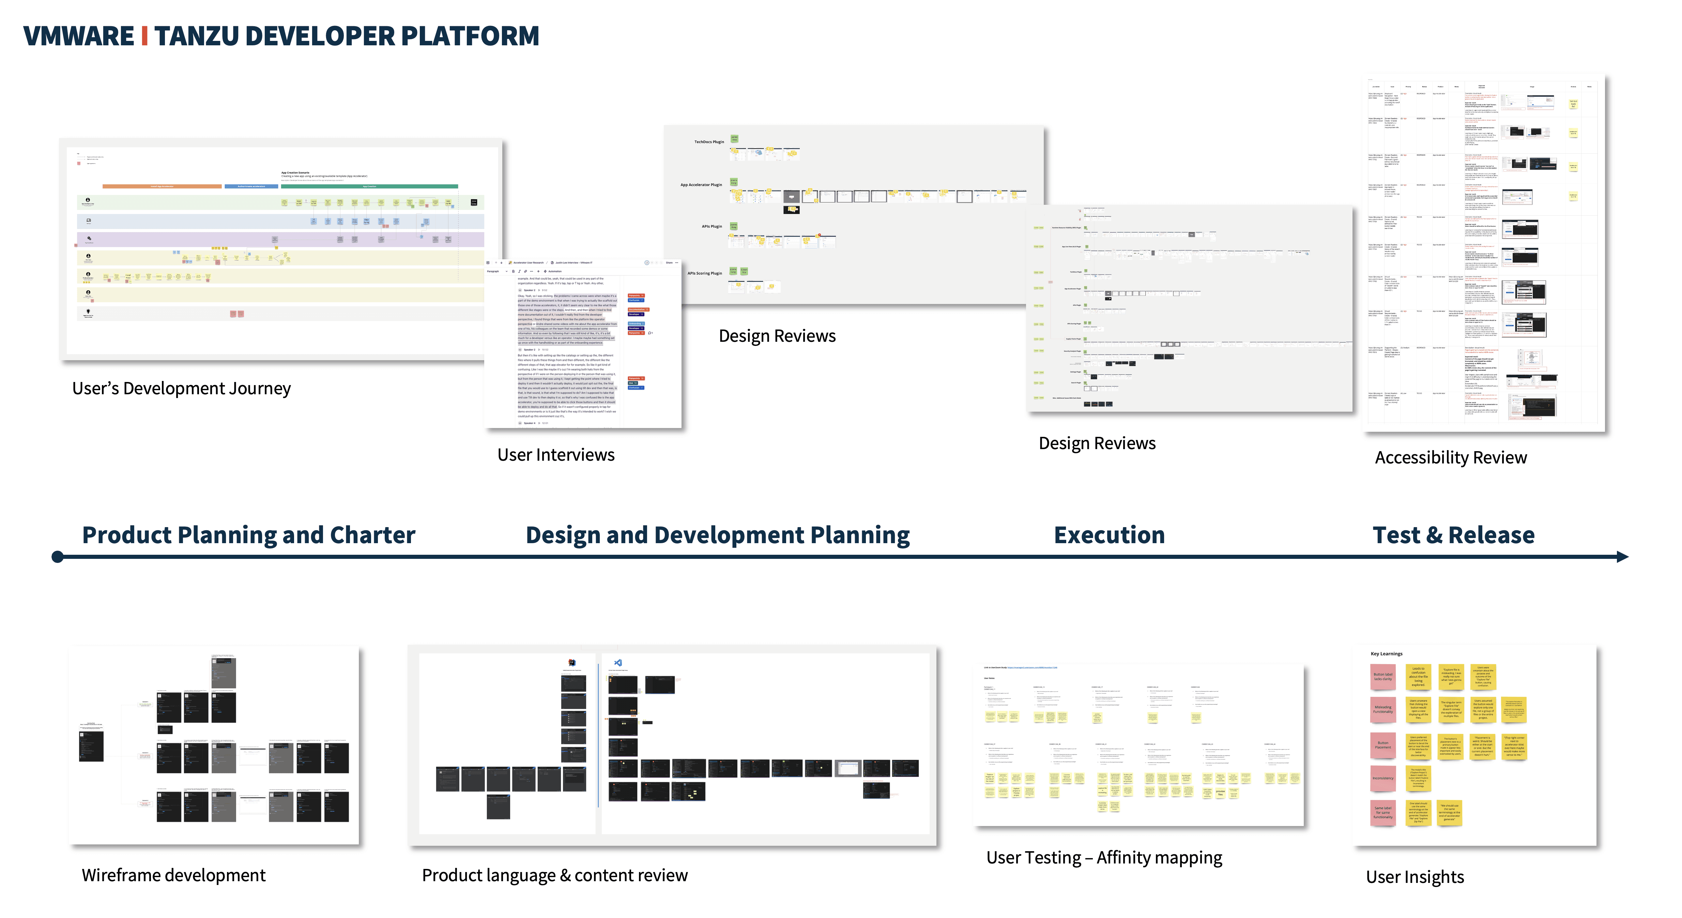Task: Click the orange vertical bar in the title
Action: tap(144, 36)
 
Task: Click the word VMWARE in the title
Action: tap(78, 36)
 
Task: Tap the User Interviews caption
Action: tap(556, 455)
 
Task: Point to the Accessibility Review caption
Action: tap(1450, 458)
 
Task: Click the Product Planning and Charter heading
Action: tap(248, 535)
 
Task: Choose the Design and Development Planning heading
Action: tap(718, 535)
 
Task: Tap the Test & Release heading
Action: tap(1453, 535)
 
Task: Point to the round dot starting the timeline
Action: tap(58, 557)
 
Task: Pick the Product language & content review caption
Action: tap(554, 875)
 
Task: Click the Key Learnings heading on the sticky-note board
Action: tap(1386, 654)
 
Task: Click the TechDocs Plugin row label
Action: tap(708, 142)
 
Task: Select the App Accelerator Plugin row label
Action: tap(701, 185)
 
